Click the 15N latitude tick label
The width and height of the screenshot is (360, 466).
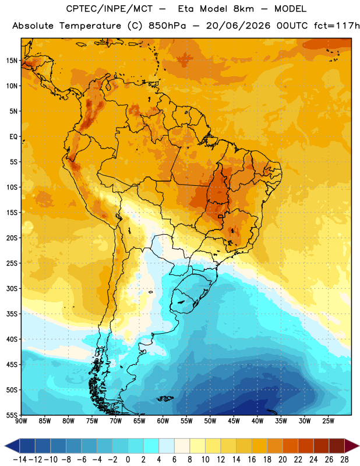[12, 61]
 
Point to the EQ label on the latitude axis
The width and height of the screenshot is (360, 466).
[13, 137]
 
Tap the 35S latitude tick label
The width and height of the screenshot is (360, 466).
[12, 314]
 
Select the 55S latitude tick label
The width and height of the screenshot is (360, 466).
[12, 415]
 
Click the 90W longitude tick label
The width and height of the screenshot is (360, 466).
[22, 421]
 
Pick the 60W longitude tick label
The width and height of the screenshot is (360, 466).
[163, 421]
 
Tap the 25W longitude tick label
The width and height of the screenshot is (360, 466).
[328, 421]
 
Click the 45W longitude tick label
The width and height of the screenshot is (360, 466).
[234, 421]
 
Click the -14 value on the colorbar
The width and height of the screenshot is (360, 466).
[20, 460]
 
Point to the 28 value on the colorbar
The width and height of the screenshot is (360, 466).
[344, 460]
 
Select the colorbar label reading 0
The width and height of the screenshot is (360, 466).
[128, 460]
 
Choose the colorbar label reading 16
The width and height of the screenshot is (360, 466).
[252, 460]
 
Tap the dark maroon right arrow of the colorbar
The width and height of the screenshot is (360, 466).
[352, 446]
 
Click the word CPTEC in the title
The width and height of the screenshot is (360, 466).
[79, 9]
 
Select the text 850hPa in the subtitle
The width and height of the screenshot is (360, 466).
[167, 26]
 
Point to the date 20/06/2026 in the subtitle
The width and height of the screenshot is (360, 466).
[238, 26]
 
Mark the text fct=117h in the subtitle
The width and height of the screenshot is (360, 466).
[337, 26]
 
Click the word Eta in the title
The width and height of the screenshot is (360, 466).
[186, 9]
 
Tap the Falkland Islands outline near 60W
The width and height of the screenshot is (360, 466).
[165, 398]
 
